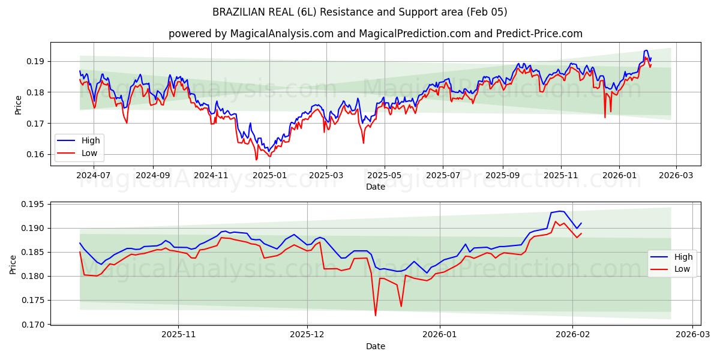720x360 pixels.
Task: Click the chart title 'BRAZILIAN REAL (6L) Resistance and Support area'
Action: coord(359,12)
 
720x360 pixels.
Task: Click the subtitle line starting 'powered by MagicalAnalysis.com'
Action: coord(375,34)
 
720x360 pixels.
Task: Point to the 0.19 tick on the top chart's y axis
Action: coord(35,61)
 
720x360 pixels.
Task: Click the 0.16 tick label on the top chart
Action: coord(35,154)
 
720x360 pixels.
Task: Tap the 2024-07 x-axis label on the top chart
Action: coord(94,176)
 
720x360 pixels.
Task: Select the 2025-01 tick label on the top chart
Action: coord(269,176)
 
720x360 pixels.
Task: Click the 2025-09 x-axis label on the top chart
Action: coord(502,176)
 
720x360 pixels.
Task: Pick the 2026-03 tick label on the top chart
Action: coord(676,176)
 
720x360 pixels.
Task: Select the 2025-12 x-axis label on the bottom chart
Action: coord(307,335)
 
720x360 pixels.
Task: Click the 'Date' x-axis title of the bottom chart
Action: coord(375,346)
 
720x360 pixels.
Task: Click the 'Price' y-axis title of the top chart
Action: coord(18,104)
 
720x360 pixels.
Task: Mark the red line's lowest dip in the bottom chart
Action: coord(376,315)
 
